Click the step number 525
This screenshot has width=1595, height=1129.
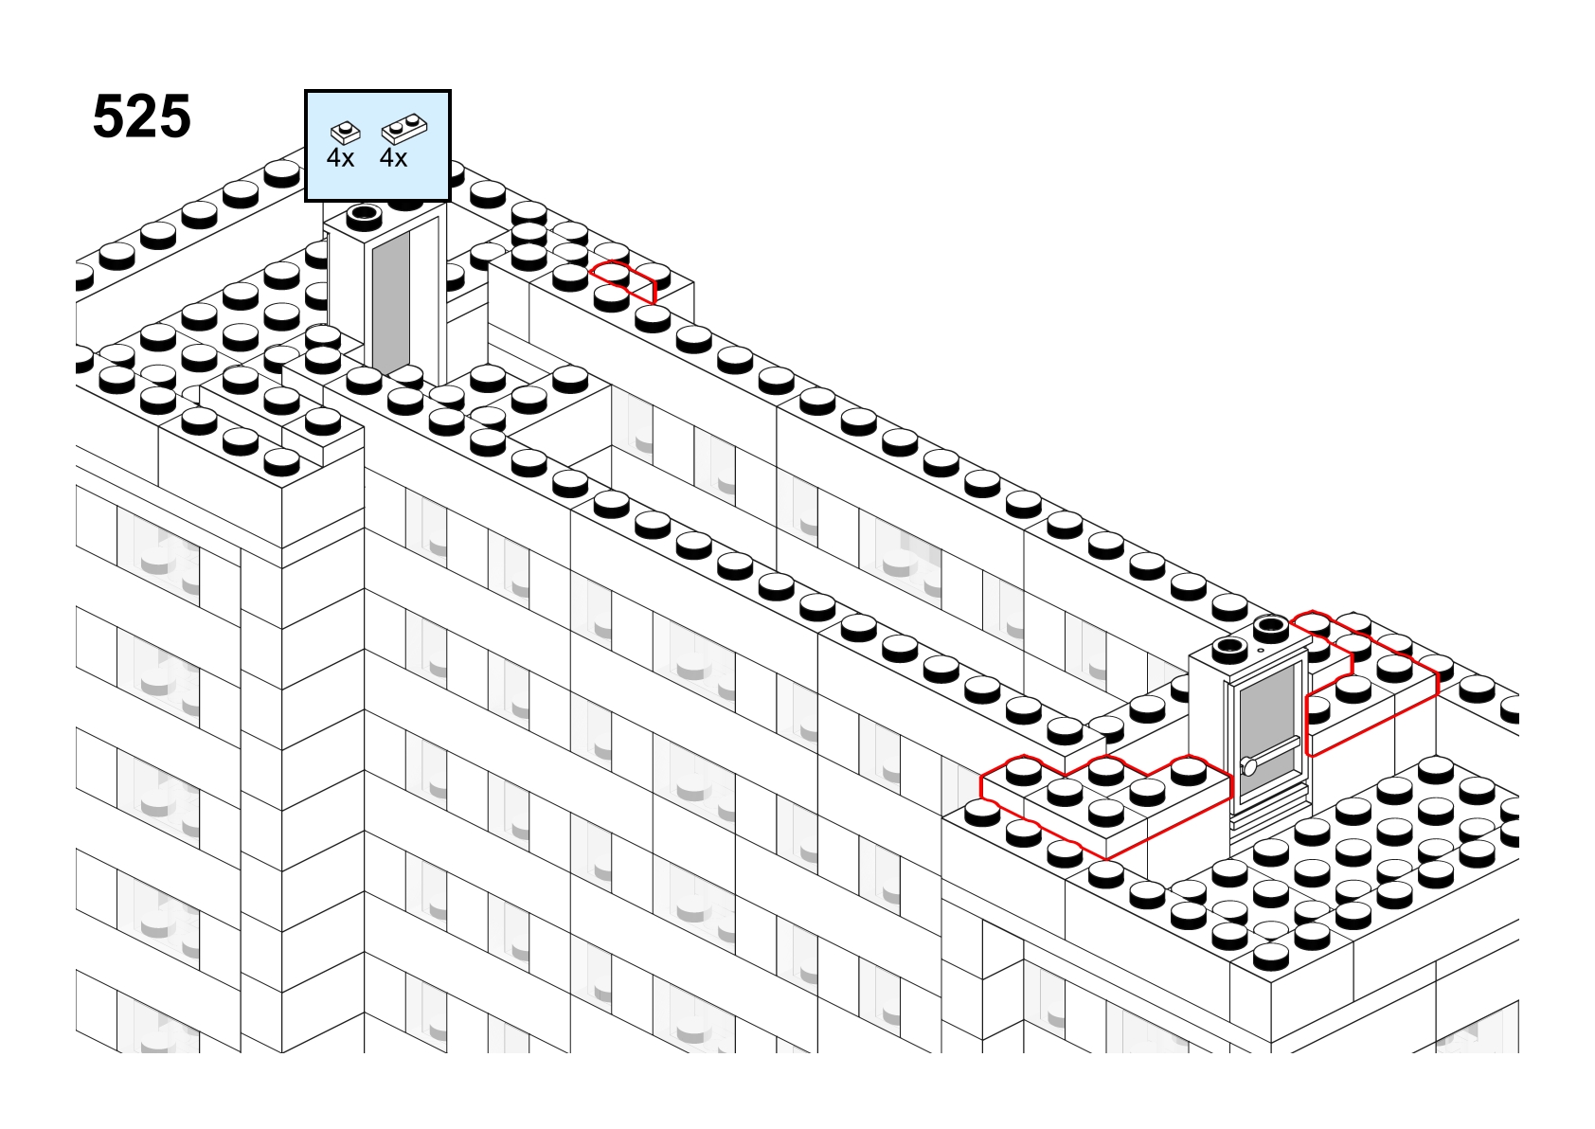tap(142, 116)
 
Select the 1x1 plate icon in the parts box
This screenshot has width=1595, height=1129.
tap(346, 133)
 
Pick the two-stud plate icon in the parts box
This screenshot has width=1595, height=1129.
tap(404, 129)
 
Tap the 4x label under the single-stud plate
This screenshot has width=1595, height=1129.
tap(340, 158)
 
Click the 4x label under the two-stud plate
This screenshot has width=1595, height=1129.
tap(393, 158)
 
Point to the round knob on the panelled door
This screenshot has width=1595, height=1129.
tap(1249, 766)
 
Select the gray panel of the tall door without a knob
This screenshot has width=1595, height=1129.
tap(391, 302)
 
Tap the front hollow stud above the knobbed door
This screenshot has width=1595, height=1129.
tap(1228, 649)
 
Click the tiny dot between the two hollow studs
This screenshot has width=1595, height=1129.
tap(1261, 650)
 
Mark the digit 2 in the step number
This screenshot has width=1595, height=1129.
tap(142, 116)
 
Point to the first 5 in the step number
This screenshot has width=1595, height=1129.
tap(109, 116)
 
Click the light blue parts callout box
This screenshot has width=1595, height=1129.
tap(377, 145)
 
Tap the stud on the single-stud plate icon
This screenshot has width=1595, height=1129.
tap(346, 128)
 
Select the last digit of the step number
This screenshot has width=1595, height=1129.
tap(175, 116)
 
